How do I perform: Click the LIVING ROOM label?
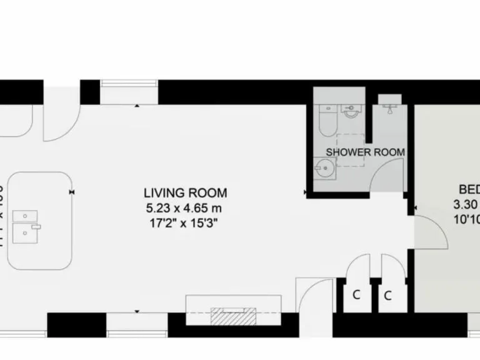click(185, 193)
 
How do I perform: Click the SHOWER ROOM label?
click(366, 152)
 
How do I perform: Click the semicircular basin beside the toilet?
click(351, 112)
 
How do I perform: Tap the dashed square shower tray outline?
click(350, 150)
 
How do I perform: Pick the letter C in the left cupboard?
click(356, 295)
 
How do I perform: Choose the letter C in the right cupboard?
click(387, 295)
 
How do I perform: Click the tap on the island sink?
click(37, 224)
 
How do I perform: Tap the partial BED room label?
click(469, 189)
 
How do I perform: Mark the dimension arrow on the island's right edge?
click(73, 192)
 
